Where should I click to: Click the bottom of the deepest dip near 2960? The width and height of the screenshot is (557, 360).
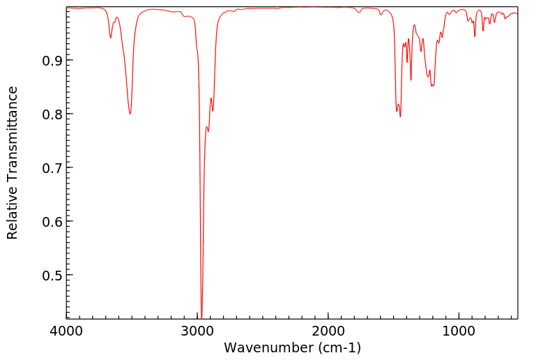click(x=201, y=317)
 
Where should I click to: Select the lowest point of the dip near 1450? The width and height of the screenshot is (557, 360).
click(x=400, y=116)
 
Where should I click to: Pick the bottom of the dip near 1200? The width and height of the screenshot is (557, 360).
click(x=433, y=86)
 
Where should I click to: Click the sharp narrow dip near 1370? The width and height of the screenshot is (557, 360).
click(x=411, y=80)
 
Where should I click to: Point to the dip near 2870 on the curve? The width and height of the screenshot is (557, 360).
click(x=213, y=111)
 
